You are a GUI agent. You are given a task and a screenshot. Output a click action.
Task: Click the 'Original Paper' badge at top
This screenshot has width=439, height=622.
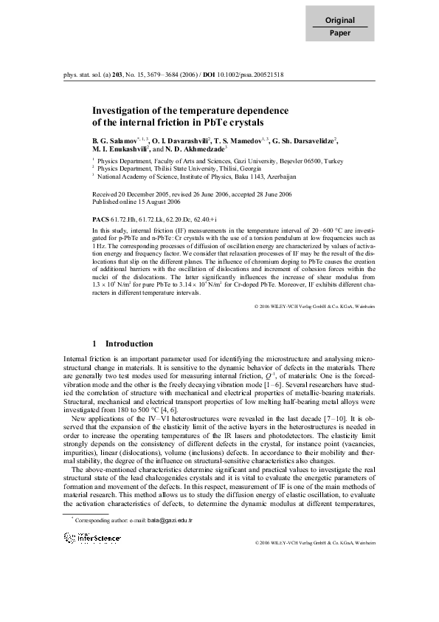[339, 27]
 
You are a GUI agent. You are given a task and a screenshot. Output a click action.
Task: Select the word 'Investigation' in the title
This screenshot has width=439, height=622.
[121, 111]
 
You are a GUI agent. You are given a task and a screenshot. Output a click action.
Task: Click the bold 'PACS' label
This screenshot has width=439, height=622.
[100, 220]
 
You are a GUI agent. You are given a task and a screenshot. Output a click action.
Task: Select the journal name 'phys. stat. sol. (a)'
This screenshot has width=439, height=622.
[87, 75]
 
